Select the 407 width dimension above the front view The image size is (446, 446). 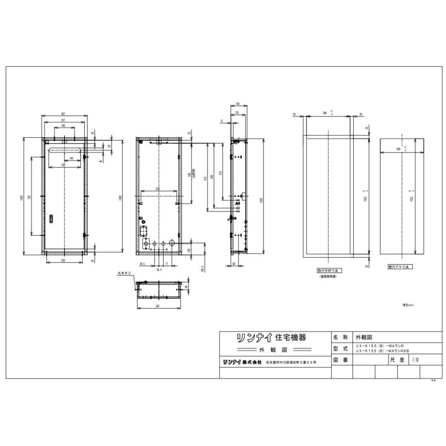pyautogui.click(x=65, y=114)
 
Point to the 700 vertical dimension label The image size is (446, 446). pyautogui.click(x=30, y=197)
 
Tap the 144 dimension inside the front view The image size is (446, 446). pyautogui.click(x=72, y=158)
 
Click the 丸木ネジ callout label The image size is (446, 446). pyautogui.click(x=124, y=273)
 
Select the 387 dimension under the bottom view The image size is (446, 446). pyautogui.click(x=157, y=307)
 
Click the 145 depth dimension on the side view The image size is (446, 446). pyautogui.click(x=238, y=104)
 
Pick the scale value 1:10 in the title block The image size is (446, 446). pyautogui.click(x=415, y=360)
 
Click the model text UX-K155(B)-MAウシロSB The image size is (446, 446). pyautogui.click(x=388, y=351)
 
